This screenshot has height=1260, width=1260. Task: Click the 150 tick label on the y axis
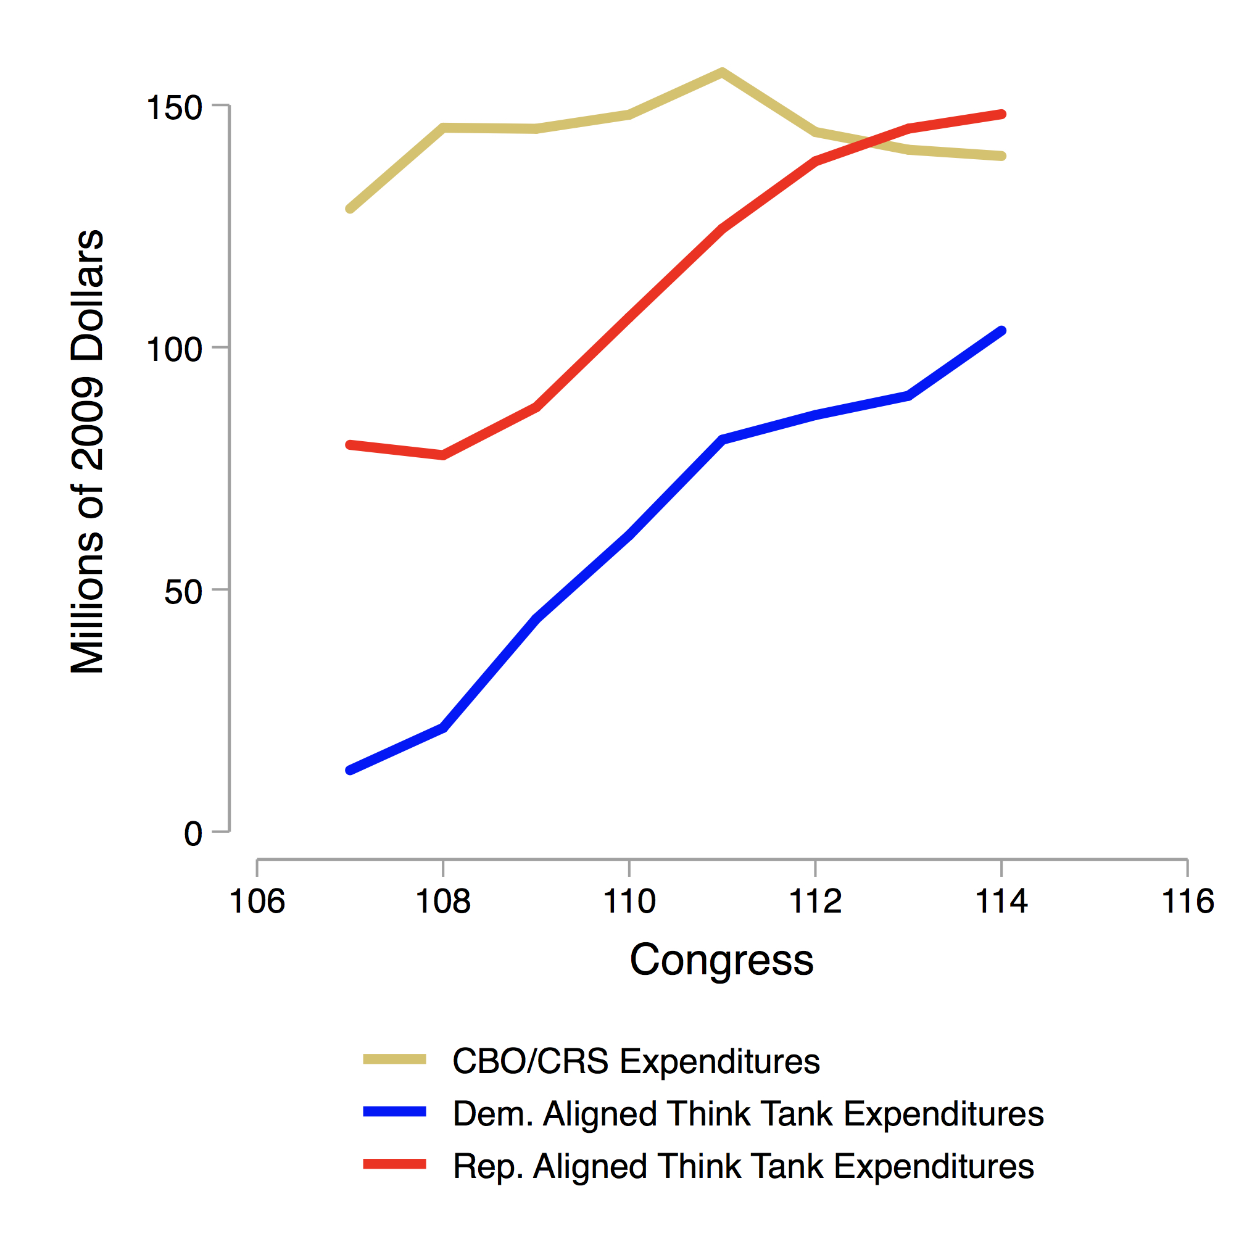coord(174,107)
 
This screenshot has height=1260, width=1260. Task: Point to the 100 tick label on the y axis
coord(174,350)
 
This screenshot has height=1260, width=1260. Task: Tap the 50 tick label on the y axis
coord(183,592)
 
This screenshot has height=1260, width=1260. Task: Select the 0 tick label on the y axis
coord(193,834)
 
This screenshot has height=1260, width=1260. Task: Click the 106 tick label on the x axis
coord(257,902)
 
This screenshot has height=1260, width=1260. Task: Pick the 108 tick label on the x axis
coord(443,902)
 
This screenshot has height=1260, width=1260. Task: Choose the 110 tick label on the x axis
coord(629,902)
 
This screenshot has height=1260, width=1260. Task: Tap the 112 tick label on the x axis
coord(815,902)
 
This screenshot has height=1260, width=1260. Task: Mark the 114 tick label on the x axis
coord(1001,902)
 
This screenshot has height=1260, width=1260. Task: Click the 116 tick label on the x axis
coord(1187,902)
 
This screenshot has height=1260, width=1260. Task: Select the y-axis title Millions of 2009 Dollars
coord(88,451)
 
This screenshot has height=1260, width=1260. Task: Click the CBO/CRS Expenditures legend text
coord(636,1061)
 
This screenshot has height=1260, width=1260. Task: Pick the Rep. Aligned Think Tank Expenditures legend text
coord(744,1166)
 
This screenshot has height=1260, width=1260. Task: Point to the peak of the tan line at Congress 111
coord(722,72)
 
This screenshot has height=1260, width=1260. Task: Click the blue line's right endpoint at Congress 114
coord(1001,331)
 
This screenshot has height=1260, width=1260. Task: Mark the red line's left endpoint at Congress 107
coord(350,445)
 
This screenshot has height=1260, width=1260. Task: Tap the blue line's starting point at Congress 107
coord(350,770)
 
